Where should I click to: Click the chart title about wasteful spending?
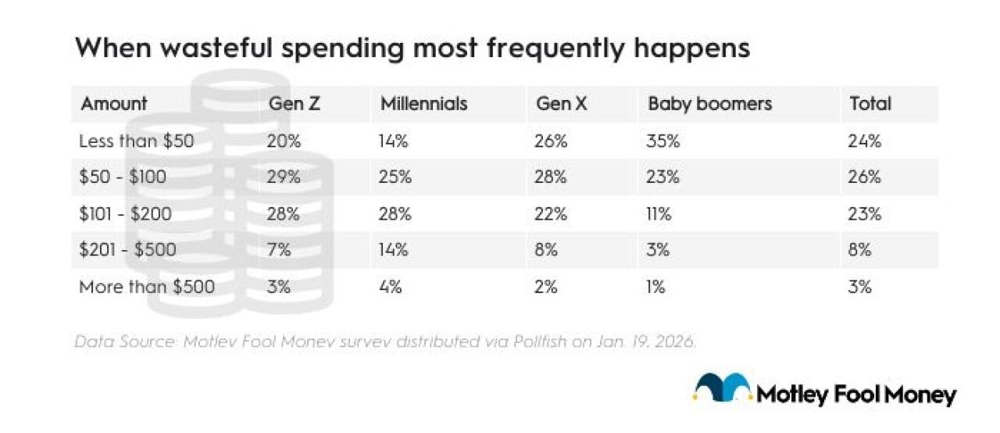(412, 48)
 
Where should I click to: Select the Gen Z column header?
(295, 104)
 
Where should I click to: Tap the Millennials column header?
(423, 104)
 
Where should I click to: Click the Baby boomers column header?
(709, 104)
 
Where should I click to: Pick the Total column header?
(870, 104)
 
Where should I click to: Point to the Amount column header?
(114, 104)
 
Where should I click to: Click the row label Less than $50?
(136, 141)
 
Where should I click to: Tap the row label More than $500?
(147, 287)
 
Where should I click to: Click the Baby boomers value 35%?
(661, 141)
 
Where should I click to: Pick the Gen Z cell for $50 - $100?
(284, 177)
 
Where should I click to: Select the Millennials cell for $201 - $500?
(395, 251)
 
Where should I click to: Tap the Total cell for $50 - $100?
(866, 177)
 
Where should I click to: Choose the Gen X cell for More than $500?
(547, 287)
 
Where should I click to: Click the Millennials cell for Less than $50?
(395, 141)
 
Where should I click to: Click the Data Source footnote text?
(384, 342)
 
